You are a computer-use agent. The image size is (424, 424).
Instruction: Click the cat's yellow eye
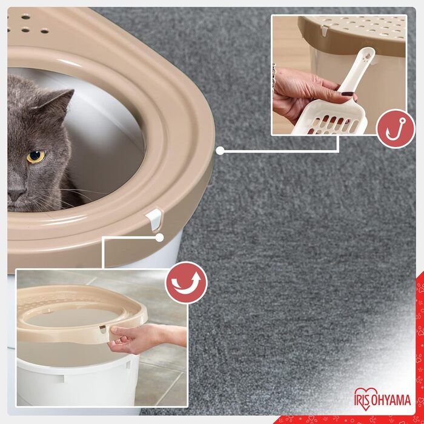(x=35, y=156)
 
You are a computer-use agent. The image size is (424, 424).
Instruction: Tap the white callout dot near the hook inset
(x=220, y=150)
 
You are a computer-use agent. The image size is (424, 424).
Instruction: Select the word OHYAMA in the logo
(x=391, y=400)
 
